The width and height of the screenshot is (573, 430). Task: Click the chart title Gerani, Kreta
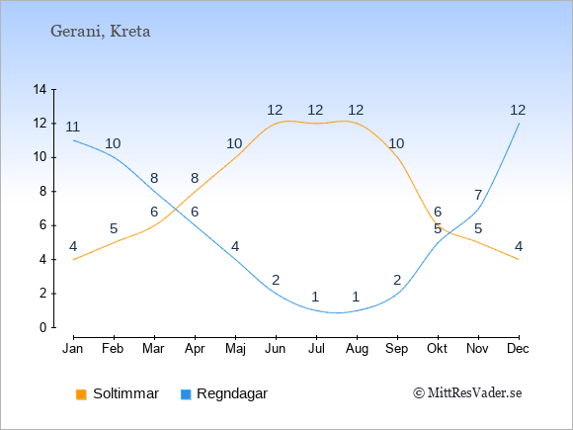click(x=100, y=31)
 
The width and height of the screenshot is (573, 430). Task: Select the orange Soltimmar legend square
click(x=81, y=394)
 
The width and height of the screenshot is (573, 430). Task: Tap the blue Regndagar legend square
click(x=186, y=394)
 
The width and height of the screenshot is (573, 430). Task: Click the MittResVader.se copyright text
click(x=467, y=393)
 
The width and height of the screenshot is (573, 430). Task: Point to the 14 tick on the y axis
click(x=40, y=89)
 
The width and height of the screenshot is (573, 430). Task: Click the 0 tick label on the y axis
click(x=43, y=327)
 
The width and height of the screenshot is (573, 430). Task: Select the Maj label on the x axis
click(x=235, y=349)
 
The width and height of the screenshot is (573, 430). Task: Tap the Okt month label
click(x=437, y=349)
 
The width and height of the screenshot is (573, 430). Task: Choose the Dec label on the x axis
click(x=518, y=349)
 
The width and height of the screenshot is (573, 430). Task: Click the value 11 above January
click(x=73, y=127)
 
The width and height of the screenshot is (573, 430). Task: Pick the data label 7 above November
click(x=478, y=195)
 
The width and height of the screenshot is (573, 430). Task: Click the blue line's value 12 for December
click(x=518, y=110)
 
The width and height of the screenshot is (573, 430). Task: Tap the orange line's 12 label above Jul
click(x=315, y=110)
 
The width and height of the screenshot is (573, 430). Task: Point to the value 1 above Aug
click(x=356, y=297)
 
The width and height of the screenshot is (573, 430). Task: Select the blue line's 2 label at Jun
click(x=276, y=280)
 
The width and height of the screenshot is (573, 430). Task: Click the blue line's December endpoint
click(x=519, y=124)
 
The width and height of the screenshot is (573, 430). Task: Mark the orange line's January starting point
click(x=74, y=260)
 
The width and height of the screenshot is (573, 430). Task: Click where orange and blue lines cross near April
click(x=176, y=210)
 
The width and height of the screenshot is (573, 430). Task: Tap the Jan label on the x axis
click(x=73, y=349)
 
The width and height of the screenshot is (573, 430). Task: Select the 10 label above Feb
click(x=113, y=143)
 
